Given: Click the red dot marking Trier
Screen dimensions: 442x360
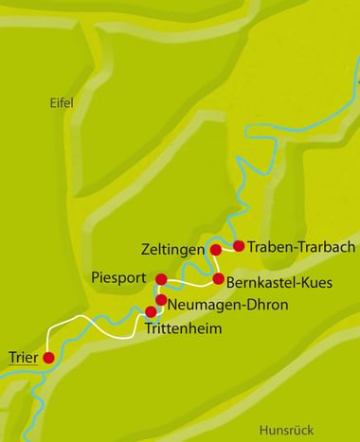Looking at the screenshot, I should click(x=48, y=358).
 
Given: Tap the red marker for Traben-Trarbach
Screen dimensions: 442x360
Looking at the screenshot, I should click(x=239, y=246).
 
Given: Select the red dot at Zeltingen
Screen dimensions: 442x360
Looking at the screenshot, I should click(x=215, y=250).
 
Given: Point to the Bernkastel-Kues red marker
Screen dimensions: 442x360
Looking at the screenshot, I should click(x=218, y=279).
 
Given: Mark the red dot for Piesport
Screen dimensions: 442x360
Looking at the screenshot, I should click(x=161, y=279).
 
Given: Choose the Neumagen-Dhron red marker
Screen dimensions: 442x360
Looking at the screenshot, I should click(x=161, y=301).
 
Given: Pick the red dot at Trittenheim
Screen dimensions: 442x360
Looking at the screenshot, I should click(x=151, y=311).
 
